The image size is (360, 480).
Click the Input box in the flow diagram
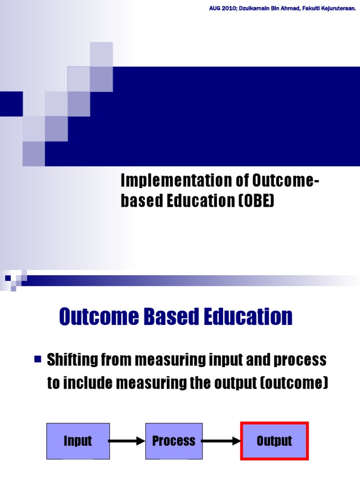(78, 441)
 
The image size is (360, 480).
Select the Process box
(174, 441)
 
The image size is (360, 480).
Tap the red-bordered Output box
(274, 441)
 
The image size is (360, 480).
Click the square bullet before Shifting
(38, 360)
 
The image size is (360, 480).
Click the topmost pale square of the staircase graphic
(101, 54)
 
